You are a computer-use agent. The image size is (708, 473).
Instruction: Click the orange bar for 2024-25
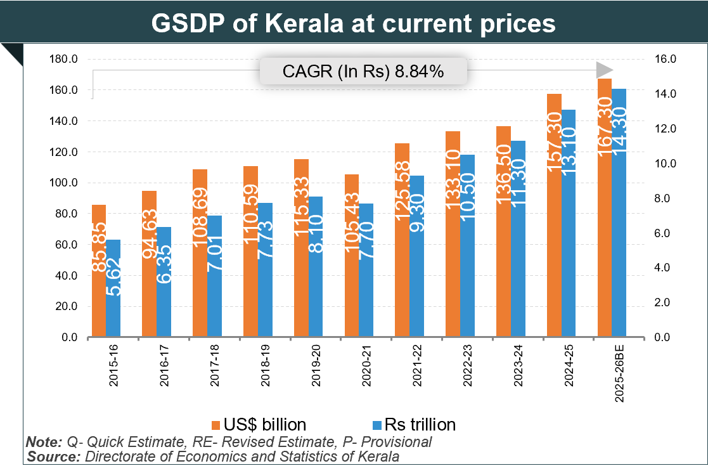pyautogui.click(x=554, y=216)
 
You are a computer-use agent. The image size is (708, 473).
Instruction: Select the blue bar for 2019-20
pyautogui.click(x=316, y=267)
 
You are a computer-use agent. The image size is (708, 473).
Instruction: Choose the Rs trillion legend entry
pyautogui.click(x=412, y=424)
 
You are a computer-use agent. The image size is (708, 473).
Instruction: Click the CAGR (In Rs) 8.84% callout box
pyautogui.click(x=363, y=72)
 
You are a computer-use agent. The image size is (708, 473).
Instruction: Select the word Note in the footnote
pyautogui.click(x=44, y=441)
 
